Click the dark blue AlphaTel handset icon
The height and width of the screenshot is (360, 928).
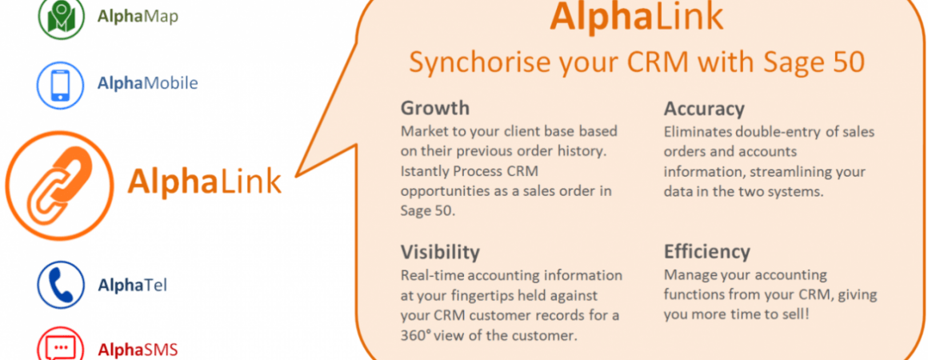(61, 285)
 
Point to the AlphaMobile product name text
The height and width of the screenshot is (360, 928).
(148, 83)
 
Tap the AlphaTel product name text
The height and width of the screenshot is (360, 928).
(133, 286)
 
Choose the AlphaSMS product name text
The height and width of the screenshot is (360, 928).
(138, 350)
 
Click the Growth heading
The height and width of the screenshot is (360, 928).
(435, 108)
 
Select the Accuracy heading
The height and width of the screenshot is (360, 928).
(704, 109)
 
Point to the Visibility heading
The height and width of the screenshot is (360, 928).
(440, 252)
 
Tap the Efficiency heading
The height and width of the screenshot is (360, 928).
(707, 252)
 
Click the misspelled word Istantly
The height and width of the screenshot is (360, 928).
(422, 172)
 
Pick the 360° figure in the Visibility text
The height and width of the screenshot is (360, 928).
(416, 335)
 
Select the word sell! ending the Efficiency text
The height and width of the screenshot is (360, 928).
(797, 314)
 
